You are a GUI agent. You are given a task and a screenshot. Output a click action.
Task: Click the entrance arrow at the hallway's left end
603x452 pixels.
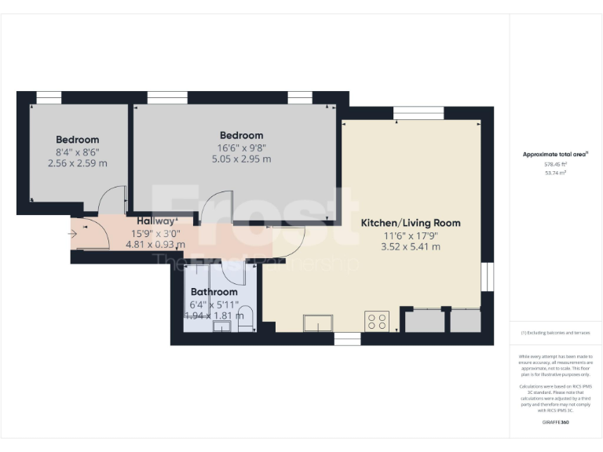73,233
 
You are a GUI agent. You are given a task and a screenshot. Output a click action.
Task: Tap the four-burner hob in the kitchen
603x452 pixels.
377,322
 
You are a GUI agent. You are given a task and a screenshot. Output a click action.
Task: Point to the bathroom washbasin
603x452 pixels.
222,326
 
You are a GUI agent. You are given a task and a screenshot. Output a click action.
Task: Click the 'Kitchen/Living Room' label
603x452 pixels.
411,223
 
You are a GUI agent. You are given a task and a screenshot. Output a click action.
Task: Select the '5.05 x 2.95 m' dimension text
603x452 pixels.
241,159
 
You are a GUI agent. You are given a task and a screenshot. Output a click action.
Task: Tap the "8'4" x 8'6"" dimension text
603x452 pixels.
77,151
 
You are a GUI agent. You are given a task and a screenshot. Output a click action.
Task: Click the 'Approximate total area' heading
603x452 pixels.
554,155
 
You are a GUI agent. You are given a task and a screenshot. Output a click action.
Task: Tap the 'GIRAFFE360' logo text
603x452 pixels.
555,422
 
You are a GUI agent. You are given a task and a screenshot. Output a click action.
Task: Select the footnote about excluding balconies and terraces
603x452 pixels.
555,333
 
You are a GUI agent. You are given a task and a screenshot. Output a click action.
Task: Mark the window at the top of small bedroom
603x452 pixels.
49,97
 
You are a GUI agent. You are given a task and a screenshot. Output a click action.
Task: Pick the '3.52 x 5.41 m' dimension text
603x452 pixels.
411,246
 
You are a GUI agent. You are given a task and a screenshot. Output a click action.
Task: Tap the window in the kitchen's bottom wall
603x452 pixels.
347,339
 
